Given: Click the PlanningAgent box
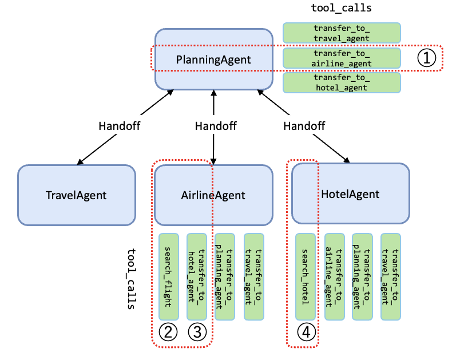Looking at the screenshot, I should click(213, 58).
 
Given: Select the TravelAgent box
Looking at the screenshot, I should click(76, 195).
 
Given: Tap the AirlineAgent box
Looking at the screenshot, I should click(213, 195).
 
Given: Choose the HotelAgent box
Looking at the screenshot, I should click(350, 193).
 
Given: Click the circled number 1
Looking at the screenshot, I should click(427, 58).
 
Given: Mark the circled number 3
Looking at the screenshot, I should click(197, 332).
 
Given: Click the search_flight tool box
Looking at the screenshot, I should click(168, 276).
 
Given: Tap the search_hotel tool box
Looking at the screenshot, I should click(305, 276).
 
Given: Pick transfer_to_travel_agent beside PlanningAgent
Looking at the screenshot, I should click(342, 33).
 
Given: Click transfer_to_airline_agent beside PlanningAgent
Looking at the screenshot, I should click(342, 58).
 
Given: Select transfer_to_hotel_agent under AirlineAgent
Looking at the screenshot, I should click(197, 276).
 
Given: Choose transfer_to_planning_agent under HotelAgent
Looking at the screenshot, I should click(362, 276).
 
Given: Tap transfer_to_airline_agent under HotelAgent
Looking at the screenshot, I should click(334, 276).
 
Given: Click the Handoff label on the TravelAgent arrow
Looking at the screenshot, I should click(119, 125).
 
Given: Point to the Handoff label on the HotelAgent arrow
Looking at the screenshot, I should click(304, 125).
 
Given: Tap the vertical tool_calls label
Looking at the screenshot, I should click(130, 279).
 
